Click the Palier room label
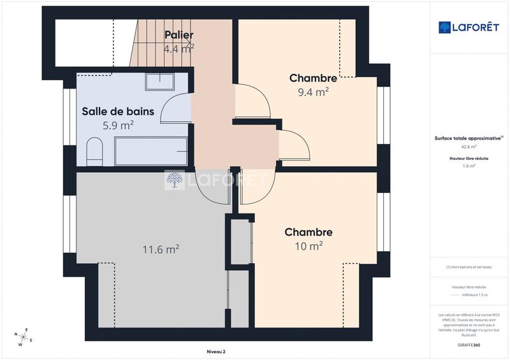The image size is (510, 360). coord(178,34)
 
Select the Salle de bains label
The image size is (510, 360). coord(118,112)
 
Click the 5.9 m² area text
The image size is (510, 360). coord(118,126)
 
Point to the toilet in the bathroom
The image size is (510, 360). coord(94,152)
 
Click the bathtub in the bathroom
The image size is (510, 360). coord(151,151)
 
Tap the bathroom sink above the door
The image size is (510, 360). coord(159,82)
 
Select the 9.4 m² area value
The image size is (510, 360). coord(313,92)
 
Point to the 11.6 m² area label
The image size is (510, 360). coord(160,250)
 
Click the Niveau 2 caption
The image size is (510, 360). coord(216,351)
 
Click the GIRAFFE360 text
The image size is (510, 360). coord(469,343)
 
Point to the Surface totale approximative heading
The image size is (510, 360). coord(469,138)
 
